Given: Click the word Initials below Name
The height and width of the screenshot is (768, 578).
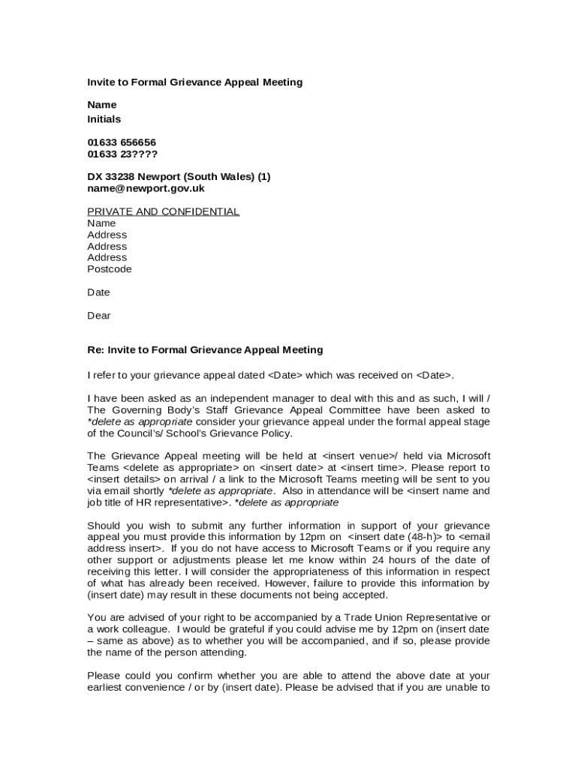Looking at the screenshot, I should [x=104, y=119].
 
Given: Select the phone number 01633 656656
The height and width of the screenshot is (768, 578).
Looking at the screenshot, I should [x=122, y=142].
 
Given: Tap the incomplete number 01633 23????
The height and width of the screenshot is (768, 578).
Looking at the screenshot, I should [x=122, y=154].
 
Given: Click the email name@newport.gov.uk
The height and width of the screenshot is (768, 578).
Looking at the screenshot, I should [x=146, y=188].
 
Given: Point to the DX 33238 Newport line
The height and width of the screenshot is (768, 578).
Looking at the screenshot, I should [x=179, y=177].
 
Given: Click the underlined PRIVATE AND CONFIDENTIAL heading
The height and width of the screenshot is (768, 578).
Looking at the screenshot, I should [x=163, y=211].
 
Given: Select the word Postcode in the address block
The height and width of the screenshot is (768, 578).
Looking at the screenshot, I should [x=109, y=268].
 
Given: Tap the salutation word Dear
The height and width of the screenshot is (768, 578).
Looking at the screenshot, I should [x=98, y=315].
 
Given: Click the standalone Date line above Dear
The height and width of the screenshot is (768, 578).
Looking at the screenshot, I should [x=98, y=292].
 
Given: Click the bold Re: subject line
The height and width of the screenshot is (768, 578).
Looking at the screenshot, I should [x=205, y=349].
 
